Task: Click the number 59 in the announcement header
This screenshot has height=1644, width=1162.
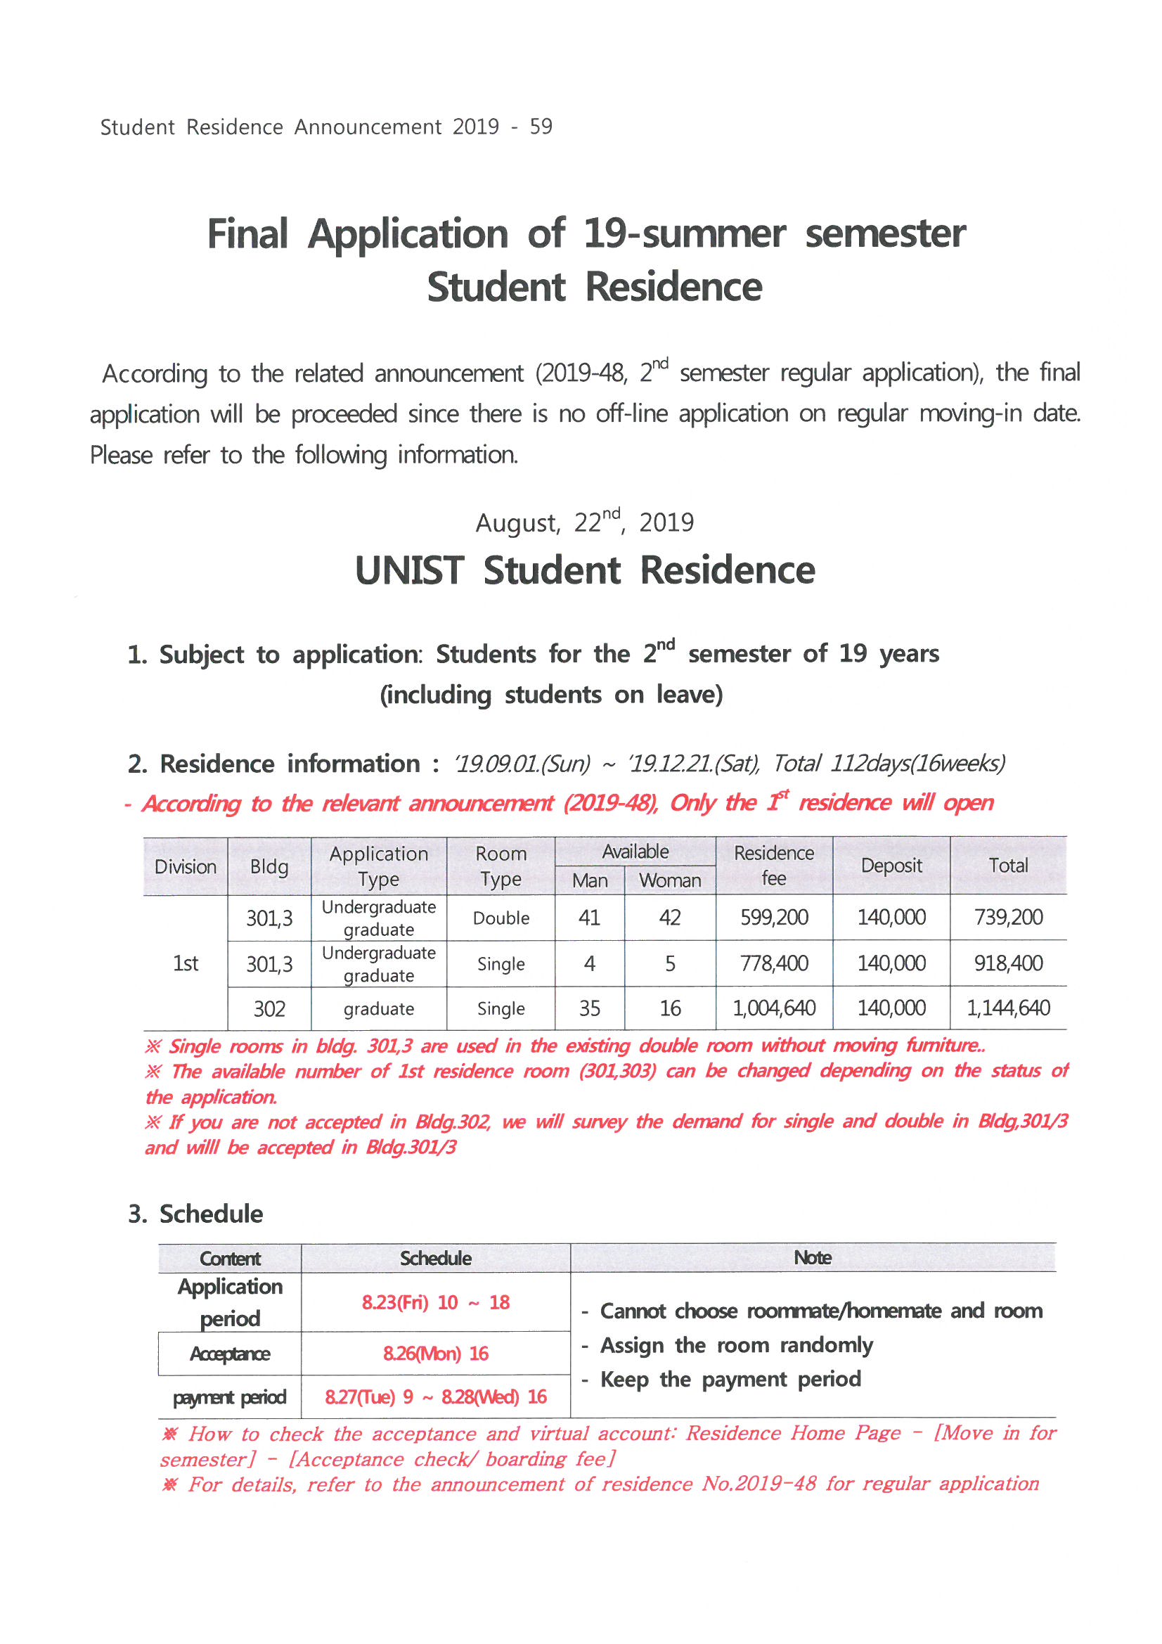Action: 541,127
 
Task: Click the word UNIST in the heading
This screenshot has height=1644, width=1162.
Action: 410,571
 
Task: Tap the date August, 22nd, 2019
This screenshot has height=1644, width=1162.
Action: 584,522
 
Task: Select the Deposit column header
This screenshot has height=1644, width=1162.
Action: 891,866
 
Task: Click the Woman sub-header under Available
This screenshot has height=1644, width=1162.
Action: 669,880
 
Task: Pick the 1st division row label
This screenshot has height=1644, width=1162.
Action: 186,963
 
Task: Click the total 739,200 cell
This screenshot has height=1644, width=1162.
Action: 1007,917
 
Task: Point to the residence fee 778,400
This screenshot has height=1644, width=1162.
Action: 773,963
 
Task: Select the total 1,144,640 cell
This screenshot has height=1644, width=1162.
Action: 1007,1008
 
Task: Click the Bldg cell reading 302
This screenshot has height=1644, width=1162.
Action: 269,1009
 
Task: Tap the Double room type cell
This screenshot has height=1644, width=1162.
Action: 501,918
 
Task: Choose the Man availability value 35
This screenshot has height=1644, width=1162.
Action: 589,1008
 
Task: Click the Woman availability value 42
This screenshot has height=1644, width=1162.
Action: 669,917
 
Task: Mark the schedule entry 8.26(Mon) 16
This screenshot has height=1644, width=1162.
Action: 435,1354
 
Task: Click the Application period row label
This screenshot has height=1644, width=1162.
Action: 230,1302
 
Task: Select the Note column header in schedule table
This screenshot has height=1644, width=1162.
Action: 812,1257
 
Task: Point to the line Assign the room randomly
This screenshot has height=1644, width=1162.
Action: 736,1344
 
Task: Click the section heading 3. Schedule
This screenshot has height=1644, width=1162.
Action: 195,1214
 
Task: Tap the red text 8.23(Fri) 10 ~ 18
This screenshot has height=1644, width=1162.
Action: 435,1302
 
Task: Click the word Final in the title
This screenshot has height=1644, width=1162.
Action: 247,234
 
